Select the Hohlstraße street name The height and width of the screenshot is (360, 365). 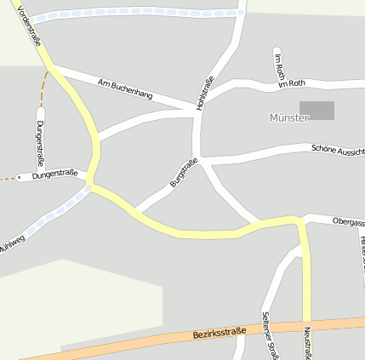pos(204,93)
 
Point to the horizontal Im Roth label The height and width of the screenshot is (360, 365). pos(291,83)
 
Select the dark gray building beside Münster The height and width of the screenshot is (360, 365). pos(317,111)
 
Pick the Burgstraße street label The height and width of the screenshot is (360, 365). pos(184,173)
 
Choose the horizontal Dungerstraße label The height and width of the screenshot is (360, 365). pos(54,175)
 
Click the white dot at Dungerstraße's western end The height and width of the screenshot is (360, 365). pos(20,178)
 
